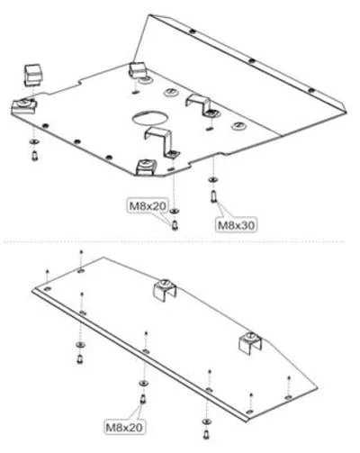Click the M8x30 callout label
pyautogui.click(x=237, y=224)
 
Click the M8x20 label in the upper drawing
pyautogui.click(x=148, y=206)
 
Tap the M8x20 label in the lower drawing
pyautogui.click(x=124, y=427)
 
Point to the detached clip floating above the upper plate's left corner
pyautogui.click(x=32, y=74)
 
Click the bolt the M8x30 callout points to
pyautogui.click(x=213, y=196)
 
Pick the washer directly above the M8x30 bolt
pyautogui.click(x=213, y=180)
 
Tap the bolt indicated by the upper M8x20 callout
pyautogui.click(x=175, y=225)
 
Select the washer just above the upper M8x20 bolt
pyautogui.click(x=174, y=212)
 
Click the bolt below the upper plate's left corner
pyautogui.click(x=35, y=156)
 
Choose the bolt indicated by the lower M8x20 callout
pyautogui.click(x=143, y=399)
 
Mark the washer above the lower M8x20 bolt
pyautogui.click(x=143, y=384)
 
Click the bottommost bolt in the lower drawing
pyautogui.click(x=206, y=434)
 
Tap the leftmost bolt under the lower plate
pyautogui.click(x=80, y=358)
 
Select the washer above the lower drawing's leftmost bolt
pyautogui.click(x=80, y=344)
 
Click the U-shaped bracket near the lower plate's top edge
pyautogui.click(x=165, y=290)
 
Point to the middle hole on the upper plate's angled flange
pyautogui.click(x=252, y=61)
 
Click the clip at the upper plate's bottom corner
pyautogui.click(x=146, y=167)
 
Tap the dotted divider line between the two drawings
pyautogui.click(x=174, y=241)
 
